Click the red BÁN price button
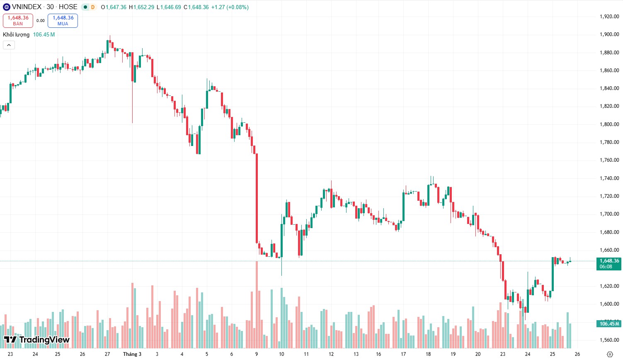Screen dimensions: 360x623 pos(18,20)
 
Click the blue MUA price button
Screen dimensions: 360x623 pos(63,20)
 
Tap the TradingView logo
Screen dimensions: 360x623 pos(36,340)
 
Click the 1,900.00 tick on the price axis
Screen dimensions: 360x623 pos(609,34)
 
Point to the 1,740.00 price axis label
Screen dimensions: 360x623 pos(609,178)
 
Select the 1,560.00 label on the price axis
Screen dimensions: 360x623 pos(609,340)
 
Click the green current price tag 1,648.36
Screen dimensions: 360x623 pos(608,264)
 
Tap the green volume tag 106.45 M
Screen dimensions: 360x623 pos(609,324)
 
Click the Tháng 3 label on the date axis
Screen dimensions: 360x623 pos(132,354)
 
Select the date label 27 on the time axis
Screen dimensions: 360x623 pos(107,354)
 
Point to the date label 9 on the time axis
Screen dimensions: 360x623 pos(257,354)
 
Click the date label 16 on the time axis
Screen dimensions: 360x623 pos(378,354)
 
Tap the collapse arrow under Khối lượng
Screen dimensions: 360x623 pos(9,45)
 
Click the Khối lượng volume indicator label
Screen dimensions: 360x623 pos(16,35)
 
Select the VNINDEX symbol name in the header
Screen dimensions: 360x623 pos(27,7)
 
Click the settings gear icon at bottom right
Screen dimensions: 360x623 pos(609,354)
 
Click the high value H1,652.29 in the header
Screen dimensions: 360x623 pos(141,7)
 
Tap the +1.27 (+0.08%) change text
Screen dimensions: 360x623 pos(230,7)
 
